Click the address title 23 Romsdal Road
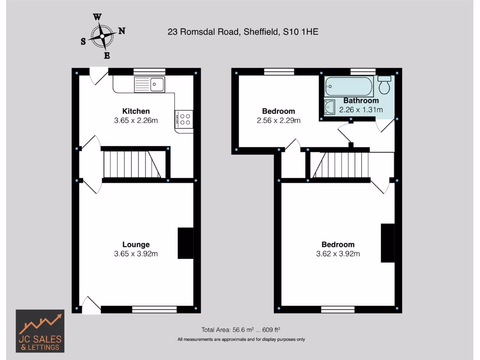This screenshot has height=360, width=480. coord(243,32)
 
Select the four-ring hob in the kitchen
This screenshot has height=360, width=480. coord(184,119)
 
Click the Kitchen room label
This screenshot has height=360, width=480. coord(136,111)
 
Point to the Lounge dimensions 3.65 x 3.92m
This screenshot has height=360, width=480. coord(136,254)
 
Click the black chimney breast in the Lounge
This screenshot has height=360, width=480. coord(185,243)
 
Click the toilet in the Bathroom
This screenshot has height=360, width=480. coord(385,85)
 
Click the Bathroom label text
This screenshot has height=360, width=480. coord(361,100)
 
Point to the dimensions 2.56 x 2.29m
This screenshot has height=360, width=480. coord(278,120)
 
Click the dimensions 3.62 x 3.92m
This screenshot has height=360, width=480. coord(337,254)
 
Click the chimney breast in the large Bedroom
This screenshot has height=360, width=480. coord(387,243)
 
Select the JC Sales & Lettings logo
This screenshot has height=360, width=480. coord(40,331)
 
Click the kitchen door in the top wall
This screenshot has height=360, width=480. coord(99,75)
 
